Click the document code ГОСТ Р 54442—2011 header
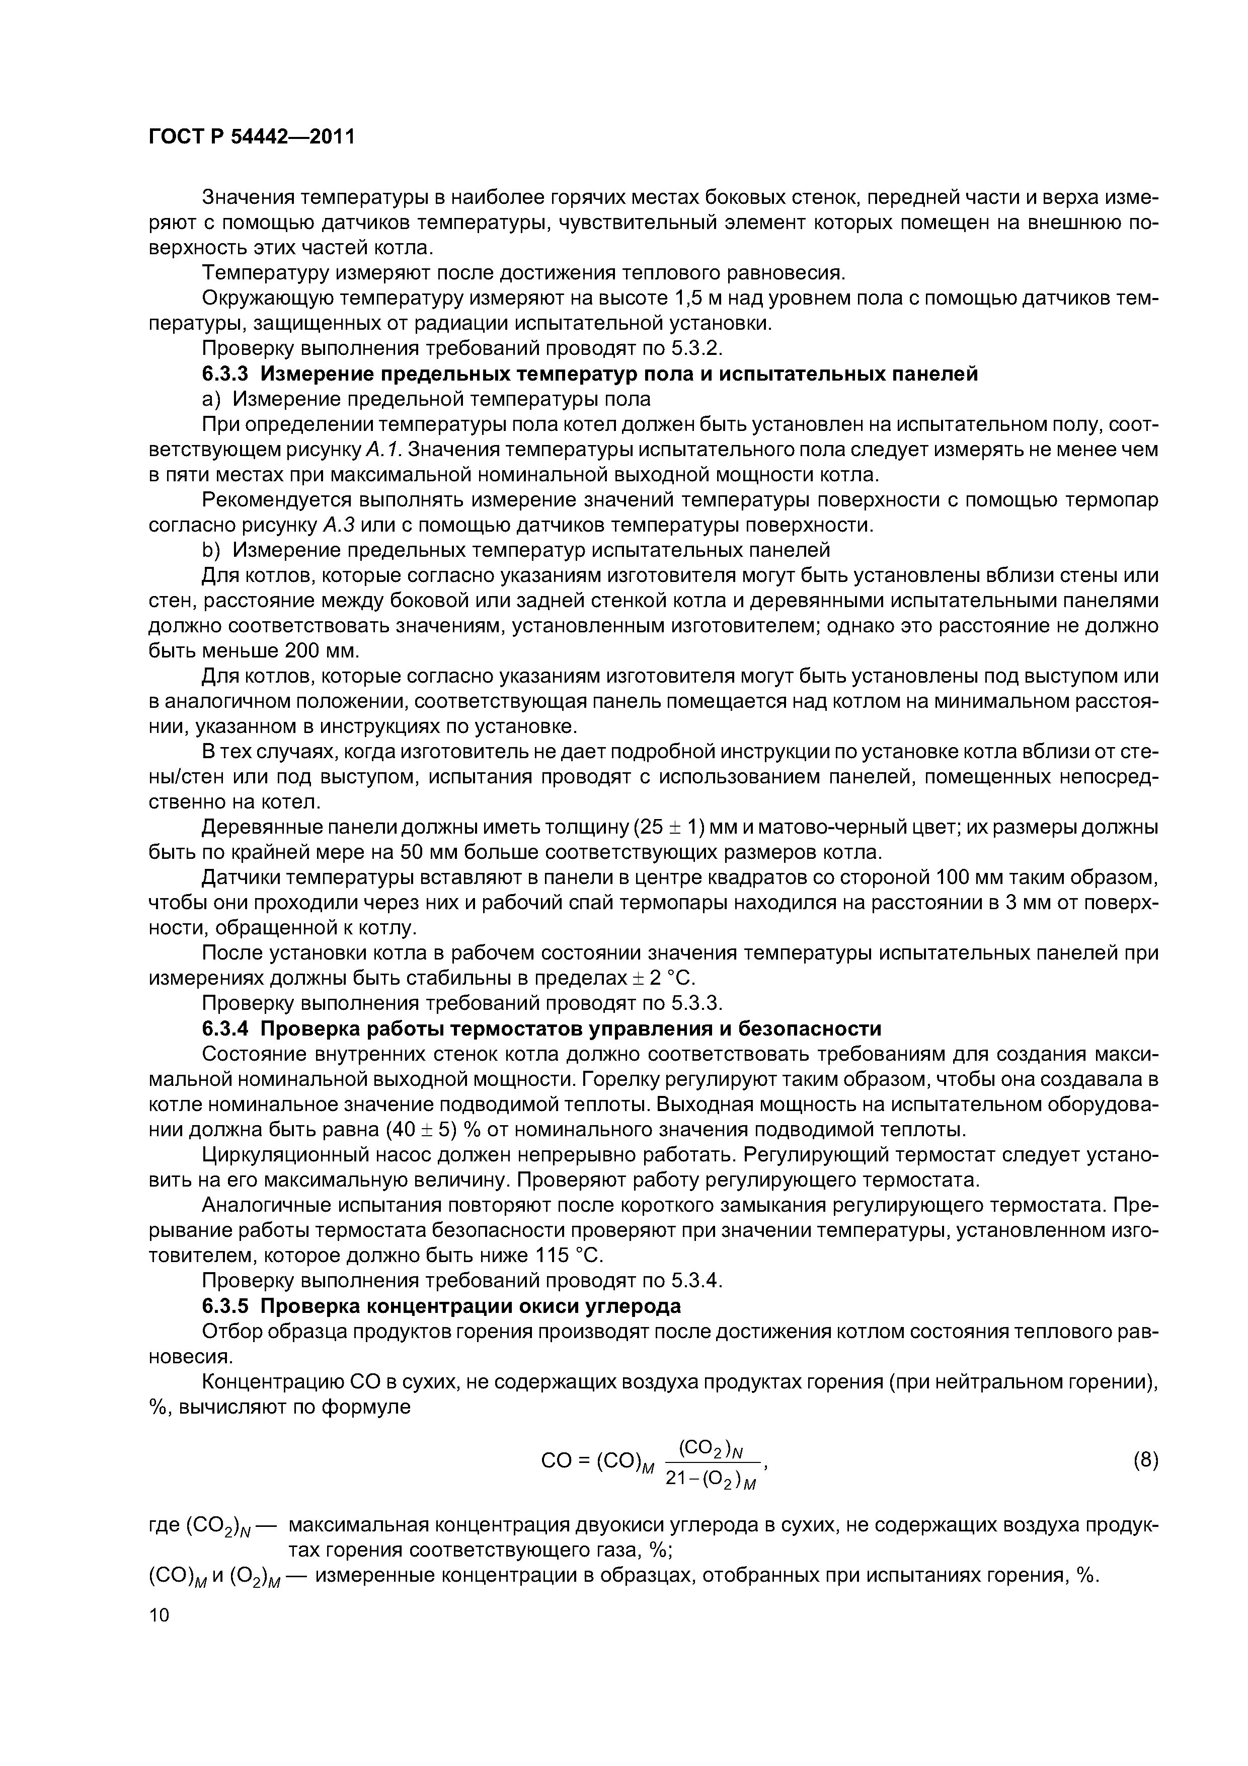pos(252,137)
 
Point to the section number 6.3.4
pos(227,1029)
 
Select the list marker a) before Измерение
pos(211,399)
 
